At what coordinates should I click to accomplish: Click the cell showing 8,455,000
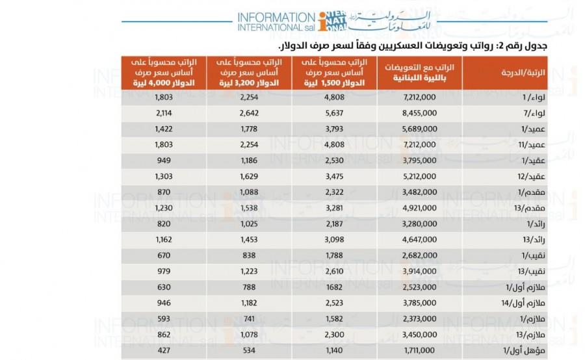click(x=419, y=113)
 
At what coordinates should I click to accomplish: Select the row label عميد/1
click(x=533, y=129)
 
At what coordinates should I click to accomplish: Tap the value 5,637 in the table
click(x=334, y=113)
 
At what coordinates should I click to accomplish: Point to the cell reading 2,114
click(x=164, y=113)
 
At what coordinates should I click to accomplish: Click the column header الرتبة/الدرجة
click(x=523, y=73)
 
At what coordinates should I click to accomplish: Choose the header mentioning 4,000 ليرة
click(x=164, y=72)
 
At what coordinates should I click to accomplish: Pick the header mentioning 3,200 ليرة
click(x=249, y=72)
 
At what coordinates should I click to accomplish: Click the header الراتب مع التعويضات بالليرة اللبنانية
click(x=419, y=73)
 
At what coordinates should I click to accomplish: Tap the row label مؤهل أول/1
click(x=524, y=351)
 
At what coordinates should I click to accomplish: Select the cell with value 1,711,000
click(x=419, y=351)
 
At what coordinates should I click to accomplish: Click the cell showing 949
click(x=164, y=161)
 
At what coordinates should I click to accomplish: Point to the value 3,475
click(x=334, y=177)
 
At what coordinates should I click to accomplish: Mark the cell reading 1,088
click(x=249, y=192)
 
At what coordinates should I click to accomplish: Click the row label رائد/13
click(x=534, y=240)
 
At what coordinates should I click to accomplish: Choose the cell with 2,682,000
click(x=419, y=255)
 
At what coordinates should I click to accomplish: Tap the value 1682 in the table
click(x=334, y=287)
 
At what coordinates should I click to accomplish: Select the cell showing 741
click(x=249, y=319)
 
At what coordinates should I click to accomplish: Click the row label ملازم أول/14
click(x=523, y=303)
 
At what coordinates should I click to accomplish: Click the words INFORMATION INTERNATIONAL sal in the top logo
click(x=276, y=22)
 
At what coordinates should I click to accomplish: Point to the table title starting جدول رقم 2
click(x=413, y=46)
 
